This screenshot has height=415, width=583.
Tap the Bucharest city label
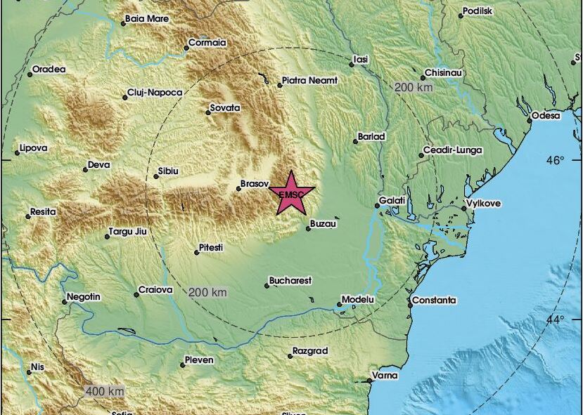coord(292,281)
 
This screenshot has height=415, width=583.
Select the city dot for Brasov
coord(238,187)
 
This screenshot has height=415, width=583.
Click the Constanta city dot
coord(411,305)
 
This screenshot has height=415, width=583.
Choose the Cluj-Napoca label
coord(155,93)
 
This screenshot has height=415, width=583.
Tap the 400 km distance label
coord(105,390)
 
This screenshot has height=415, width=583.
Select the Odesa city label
coord(546,115)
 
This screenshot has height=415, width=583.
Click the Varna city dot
coord(370,381)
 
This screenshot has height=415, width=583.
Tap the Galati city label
coord(392,201)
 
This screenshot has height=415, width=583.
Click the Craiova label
coord(155,289)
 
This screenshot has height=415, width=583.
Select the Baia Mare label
coord(147,19)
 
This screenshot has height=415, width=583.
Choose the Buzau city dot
coord(308,228)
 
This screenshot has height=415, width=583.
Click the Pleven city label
coord(198,361)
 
